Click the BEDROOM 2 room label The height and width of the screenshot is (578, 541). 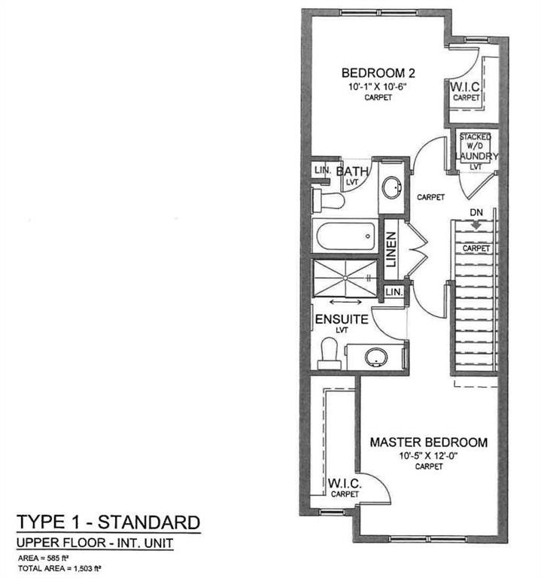click(x=378, y=73)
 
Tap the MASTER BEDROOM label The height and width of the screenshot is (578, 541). click(x=428, y=442)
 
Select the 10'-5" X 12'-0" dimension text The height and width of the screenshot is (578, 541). click(x=427, y=455)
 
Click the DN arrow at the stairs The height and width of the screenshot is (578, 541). click(x=476, y=224)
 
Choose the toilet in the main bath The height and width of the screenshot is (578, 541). click(x=329, y=200)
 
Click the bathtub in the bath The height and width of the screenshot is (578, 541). click(x=345, y=238)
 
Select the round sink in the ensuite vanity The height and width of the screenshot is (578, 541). click(x=376, y=357)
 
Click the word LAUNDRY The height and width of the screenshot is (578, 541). click(x=476, y=156)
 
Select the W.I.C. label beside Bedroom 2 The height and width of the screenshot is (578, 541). click(x=466, y=88)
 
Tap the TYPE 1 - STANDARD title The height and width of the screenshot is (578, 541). click(x=108, y=522)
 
